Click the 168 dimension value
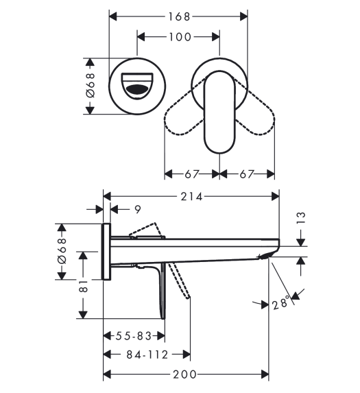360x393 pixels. [x=179, y=16]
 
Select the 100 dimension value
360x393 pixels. [x=180, y=37]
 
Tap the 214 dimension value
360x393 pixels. [x=191, y=197]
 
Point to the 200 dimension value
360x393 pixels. [x=184, y=374]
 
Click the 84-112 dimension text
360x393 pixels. [x=147, y=355]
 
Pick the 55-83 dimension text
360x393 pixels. [x=134, y=336]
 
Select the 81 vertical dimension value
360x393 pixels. [x=84, y=286]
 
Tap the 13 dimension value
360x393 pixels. [x=301, y=218]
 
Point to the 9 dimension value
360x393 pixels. [x=138, y=210]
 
